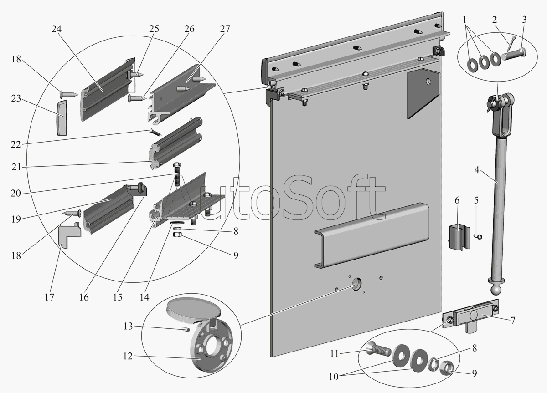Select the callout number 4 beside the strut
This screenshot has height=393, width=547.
pyautogui.click(x=476, y=171)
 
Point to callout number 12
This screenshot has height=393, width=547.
pyautogui.click(x=128, y=357)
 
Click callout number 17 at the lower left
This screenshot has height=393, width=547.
pyautogui.click(x=49, y=297)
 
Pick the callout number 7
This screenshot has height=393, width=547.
pyautogui.click(x=512, y=321)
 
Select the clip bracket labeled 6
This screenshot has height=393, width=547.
pyautogui.click(x=460, y=236)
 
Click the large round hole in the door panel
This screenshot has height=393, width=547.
pyautogui.click(x=356, y=286)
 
